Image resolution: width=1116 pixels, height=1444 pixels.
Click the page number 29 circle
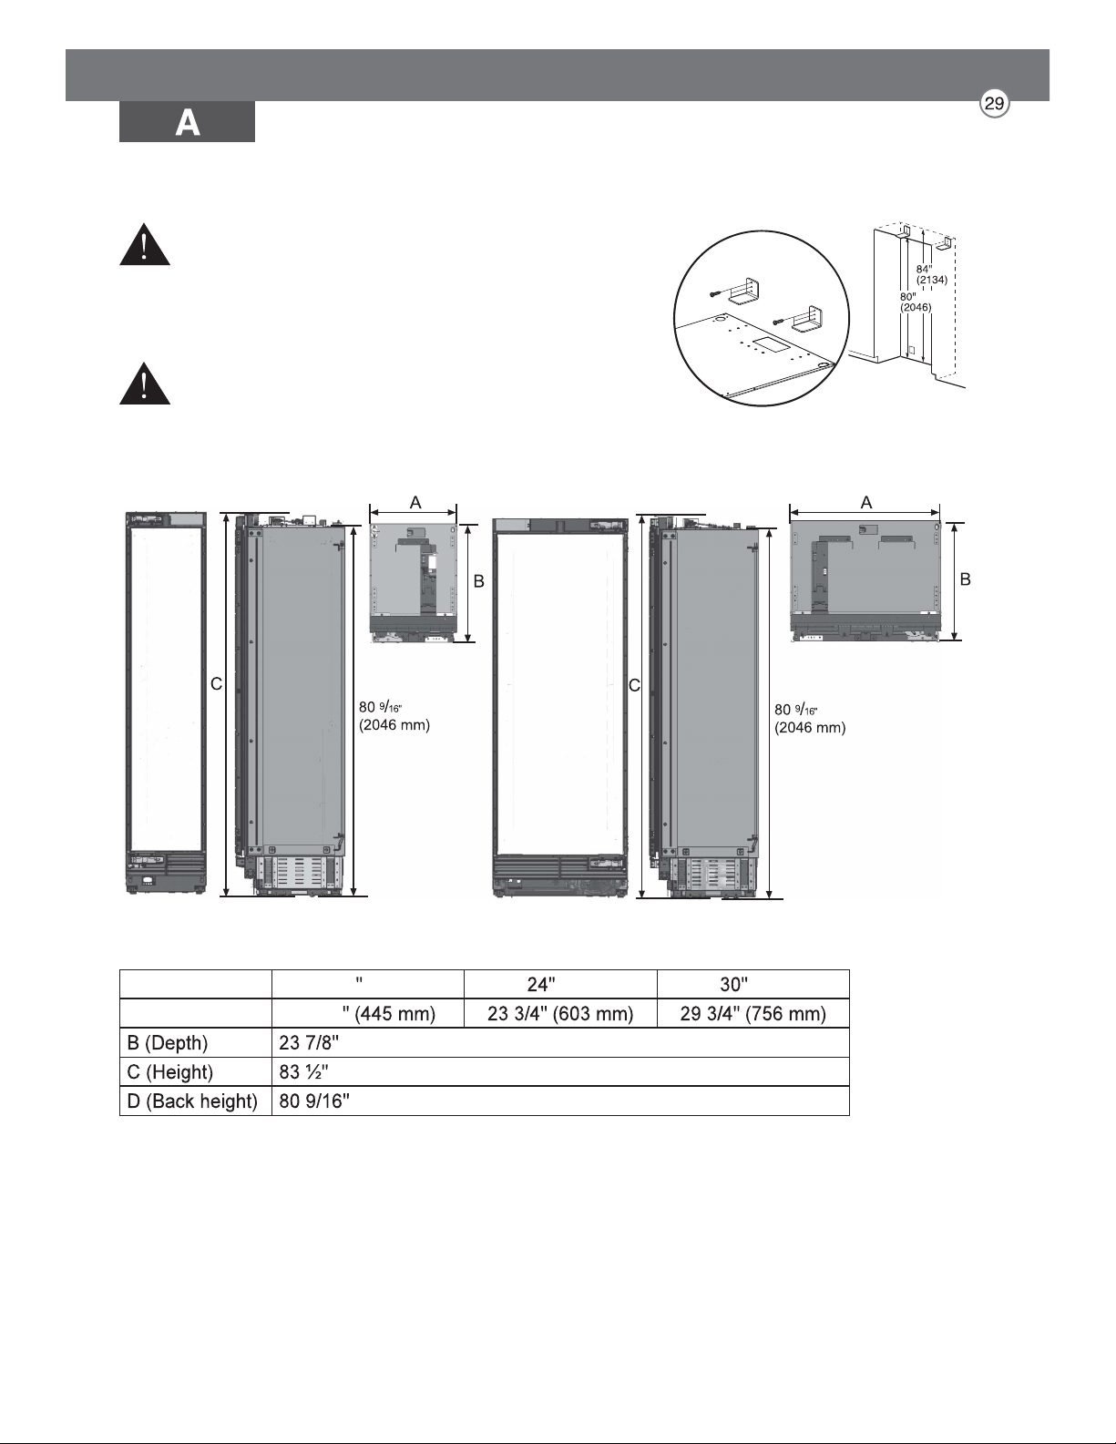(x=995, y=105)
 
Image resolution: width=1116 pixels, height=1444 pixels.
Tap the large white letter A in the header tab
(x=188, y=124)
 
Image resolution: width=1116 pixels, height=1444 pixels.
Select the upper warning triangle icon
(x=145, y=245)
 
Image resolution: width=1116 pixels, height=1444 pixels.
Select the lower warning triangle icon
(x=145, y=384)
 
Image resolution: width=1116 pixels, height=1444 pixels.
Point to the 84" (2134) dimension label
(x=931, y=274)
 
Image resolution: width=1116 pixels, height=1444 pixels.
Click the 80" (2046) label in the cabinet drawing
(x=916, y=302)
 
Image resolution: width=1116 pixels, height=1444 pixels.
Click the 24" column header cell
(x=560, y=984)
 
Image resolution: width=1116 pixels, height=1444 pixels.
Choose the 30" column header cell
(x=753, y=984)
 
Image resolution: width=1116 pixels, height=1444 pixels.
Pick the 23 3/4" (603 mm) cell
(x=560, y=1013)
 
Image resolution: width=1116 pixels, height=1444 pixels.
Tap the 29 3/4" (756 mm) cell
(x=753, y=1013)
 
